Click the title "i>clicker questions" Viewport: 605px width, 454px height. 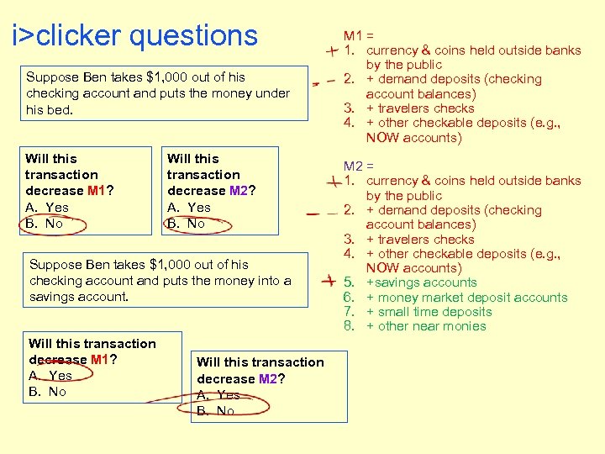(134, 35)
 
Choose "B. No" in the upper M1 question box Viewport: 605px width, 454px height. (45, 224)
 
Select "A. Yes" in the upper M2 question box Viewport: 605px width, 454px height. (189, 207)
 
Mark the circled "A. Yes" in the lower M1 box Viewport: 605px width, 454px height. (50, 376)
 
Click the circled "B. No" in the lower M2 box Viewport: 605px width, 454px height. (216, 411)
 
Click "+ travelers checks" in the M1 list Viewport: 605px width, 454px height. (420, 108)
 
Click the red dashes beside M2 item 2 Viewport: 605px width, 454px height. (318, 213)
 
